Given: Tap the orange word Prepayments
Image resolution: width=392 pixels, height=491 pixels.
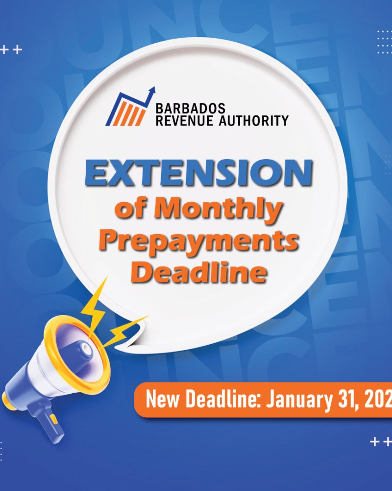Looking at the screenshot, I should (x=200, y=241).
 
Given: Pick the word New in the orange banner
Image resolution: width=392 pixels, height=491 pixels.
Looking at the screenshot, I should (x=163, y=400).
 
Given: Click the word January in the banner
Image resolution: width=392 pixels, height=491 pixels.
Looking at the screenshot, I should (x=299, y=400).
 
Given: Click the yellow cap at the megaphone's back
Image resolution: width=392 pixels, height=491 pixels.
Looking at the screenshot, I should (x=6, y=398).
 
